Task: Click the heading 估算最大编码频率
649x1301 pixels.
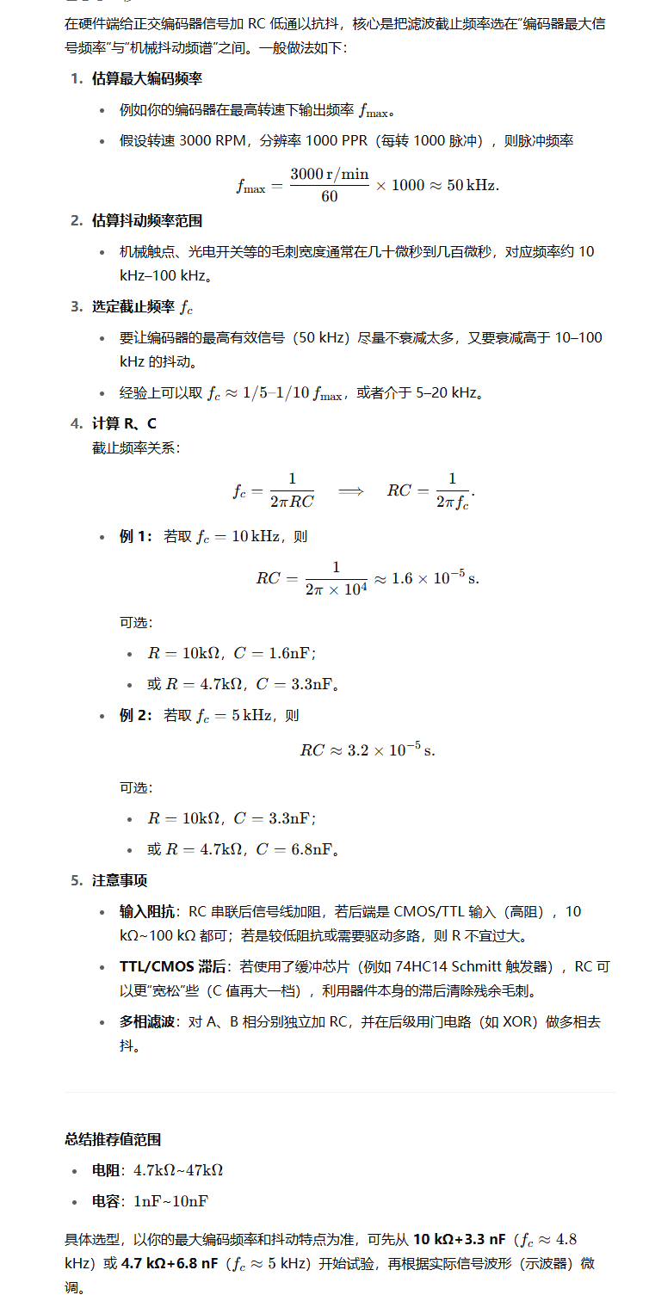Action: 147,79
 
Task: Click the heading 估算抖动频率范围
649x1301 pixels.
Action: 147,221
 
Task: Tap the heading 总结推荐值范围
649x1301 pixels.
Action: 113,1139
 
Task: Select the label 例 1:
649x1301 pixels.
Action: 136,537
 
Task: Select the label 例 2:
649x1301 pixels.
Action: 136,716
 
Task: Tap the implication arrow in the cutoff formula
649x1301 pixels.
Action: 350,491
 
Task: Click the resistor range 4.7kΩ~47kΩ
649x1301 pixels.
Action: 178,1170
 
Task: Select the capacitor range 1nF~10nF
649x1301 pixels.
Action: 170,1201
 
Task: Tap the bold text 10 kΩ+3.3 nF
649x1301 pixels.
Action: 460,1240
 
